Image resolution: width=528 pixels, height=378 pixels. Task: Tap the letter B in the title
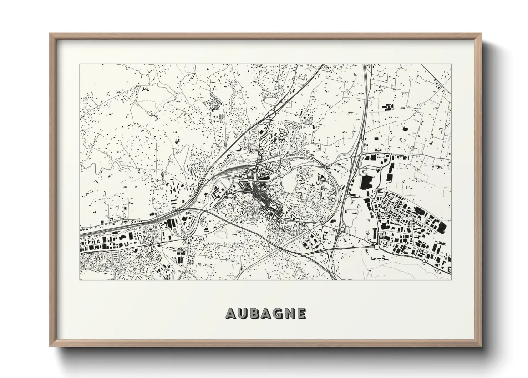pyautogui.click(x=254, y=314)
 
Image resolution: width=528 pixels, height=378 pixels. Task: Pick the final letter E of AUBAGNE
pyautogui.click(x=301, y=314)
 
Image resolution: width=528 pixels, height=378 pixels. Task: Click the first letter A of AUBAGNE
pyautogui.click(x=230, y=314)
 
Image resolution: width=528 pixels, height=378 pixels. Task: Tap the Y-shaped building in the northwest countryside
pyautogui.click(x=144, y=89)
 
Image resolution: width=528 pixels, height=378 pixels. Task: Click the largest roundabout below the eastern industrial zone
pyautogui.click(x=377, y=247)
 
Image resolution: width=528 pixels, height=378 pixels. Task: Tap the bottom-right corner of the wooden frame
pyautogui.click(x=481, y=345)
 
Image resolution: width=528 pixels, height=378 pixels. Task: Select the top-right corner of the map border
pyautogui.click(x=451, y=64)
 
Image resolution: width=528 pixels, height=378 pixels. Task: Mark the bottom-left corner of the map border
pyautogui.click(x=80, y=280)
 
